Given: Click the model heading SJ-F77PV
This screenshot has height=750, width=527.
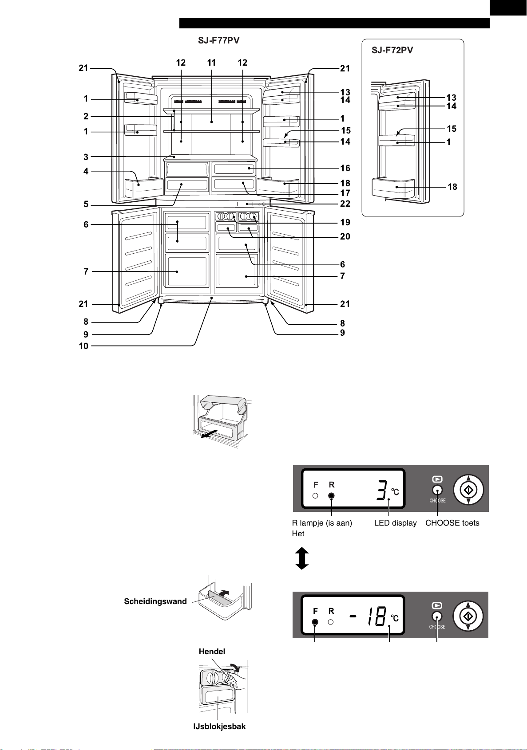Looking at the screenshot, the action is [x=218, y=40].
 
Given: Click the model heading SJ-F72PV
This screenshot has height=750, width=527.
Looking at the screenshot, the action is [x=392, y=50].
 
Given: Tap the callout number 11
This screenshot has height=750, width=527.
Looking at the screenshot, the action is [x=211, y=63].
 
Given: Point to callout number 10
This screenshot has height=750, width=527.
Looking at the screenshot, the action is [x=83, y=346].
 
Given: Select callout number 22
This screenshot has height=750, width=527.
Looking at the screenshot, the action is [x=345, y=204].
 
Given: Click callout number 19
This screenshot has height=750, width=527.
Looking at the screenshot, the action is [x=345, y=222].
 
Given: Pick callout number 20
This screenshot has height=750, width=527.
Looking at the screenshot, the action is [x=345, y=236].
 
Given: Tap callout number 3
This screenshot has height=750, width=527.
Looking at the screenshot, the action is [x=86, y=157].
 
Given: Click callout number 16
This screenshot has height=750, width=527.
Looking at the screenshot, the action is [x=345, y=168].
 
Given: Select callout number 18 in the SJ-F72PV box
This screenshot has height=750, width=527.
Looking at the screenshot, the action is [x=452, y=187].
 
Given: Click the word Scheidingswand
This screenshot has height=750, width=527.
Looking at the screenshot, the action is [x=155, y=601].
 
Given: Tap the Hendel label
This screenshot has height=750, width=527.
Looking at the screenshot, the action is [x=212, y=651].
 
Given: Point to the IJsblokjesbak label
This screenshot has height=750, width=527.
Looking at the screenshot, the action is [x=219, y=726].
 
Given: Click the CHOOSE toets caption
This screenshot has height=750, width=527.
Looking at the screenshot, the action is [x=452, y=522].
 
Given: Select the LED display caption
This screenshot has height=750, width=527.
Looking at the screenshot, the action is [x=395, y=522].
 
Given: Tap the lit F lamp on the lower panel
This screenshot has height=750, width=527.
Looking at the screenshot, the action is [x=315, y=622].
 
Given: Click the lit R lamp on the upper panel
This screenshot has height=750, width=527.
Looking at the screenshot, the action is [x=331, y=496].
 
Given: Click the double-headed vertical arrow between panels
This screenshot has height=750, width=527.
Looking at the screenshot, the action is [x=302, y=558].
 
